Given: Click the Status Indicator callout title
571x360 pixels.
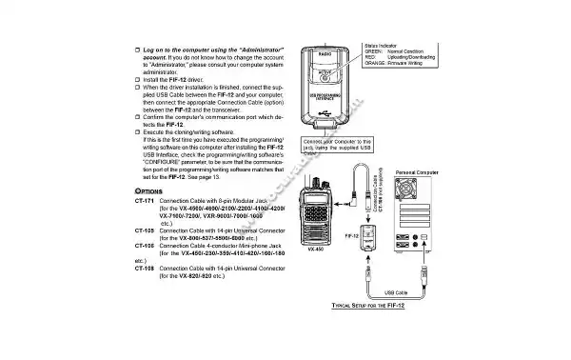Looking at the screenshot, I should point(382,44).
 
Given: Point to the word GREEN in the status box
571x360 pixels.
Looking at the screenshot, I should point(373,50).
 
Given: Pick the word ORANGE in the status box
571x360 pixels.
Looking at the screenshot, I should point(376,64).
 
